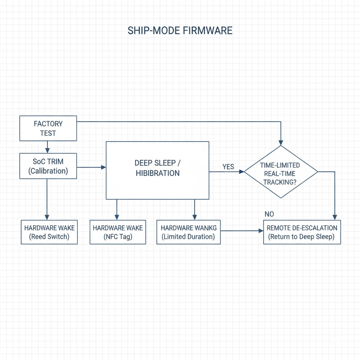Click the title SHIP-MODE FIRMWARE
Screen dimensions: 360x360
[x=180, y=31]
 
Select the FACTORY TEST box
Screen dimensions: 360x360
[x=48, y=128]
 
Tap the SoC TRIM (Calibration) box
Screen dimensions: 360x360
[x=48, y=166]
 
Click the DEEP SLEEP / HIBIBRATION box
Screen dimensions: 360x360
[x=157, y=170]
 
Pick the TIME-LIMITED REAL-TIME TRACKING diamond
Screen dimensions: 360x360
[x=281, y=172]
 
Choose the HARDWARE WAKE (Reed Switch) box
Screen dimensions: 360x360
[x=49, y=232]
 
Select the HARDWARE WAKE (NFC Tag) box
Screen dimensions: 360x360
[x=118, y=232]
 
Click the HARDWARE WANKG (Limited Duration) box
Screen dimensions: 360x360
[x=188, y=232]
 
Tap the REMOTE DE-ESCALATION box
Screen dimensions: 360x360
[x=302, y=232]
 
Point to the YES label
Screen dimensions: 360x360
[x=228, y=167]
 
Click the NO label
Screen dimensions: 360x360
[x=269, y=214]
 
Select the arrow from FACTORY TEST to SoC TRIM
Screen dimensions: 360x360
[x=47, y=147]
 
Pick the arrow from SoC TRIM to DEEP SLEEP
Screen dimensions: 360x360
[x=91, y=167]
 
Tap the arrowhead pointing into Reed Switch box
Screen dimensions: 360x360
[x=47, y=217]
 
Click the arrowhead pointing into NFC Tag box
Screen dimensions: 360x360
[x=117, y=217]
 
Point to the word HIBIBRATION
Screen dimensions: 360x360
[x=157, y=173]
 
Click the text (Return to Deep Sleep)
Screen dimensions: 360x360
[x=301, y=237]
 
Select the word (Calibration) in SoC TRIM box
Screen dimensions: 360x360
[x=48, y=171]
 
